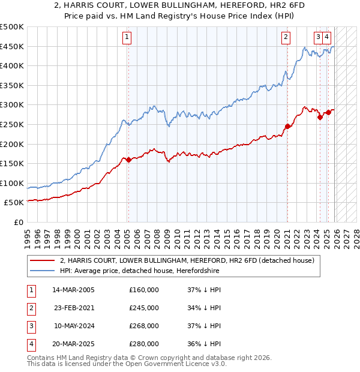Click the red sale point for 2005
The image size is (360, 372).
tap(128, 160)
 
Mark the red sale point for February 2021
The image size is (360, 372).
tap(287, 126)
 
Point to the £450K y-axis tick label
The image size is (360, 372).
tap(12, 47)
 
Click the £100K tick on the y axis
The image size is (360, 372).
tap(12, 183)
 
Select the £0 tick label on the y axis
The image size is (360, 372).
tap(18, 223)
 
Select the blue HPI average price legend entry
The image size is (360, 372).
tap(139, 271)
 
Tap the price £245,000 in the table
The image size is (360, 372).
tap(144, 308)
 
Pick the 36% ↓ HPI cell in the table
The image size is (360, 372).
tap(205, 344)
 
